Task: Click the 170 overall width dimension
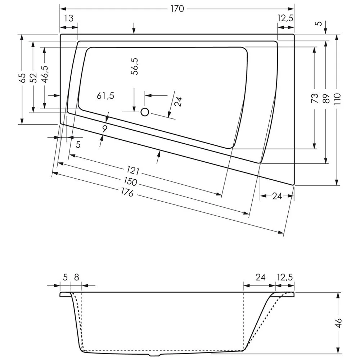click(x=177, y=9)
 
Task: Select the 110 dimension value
click(x=337, y=98)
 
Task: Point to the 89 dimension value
click(x=326, y=98)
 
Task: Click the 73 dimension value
click(x=315, y=98)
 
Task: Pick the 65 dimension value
click(x=22, y=78)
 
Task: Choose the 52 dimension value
click(x=33, y=78)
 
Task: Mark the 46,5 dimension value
click(x=44, y=74)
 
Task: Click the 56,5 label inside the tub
click(x=135, y=66)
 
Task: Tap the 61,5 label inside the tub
click(x=105, y=96)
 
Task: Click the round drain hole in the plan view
click(x=145, y=112)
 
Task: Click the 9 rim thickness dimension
click(x=104, y=129)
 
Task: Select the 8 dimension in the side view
click(x=76, y=277)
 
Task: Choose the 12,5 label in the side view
click(x=285, y=277)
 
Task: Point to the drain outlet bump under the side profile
click(x=156, y=354)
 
